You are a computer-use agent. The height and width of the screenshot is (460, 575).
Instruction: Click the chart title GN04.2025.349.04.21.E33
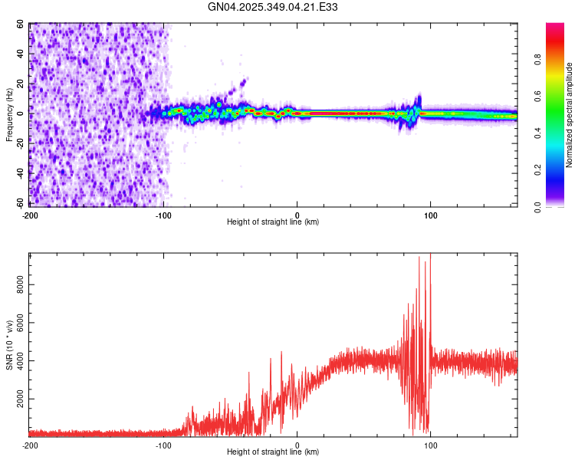[274, 7]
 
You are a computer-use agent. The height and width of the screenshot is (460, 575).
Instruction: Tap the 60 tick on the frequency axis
[21, 25]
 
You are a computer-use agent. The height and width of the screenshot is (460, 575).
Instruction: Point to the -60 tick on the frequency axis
[20, 203]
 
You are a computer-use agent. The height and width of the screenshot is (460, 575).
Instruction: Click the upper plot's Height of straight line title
[273, 222]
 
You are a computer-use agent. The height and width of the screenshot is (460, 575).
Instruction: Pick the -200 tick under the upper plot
[29, 214]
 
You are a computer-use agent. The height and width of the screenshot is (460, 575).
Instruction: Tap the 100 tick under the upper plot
[430, 214]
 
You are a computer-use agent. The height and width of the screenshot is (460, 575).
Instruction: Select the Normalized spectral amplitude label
[570, 115]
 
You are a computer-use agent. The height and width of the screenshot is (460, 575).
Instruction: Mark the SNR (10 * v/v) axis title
[9, 345]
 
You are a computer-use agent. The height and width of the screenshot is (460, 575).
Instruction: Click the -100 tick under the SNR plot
[163, 445]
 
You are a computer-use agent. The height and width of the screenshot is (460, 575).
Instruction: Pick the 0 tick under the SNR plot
[297, 445]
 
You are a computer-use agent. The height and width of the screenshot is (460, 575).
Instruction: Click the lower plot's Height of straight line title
[273, 452]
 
